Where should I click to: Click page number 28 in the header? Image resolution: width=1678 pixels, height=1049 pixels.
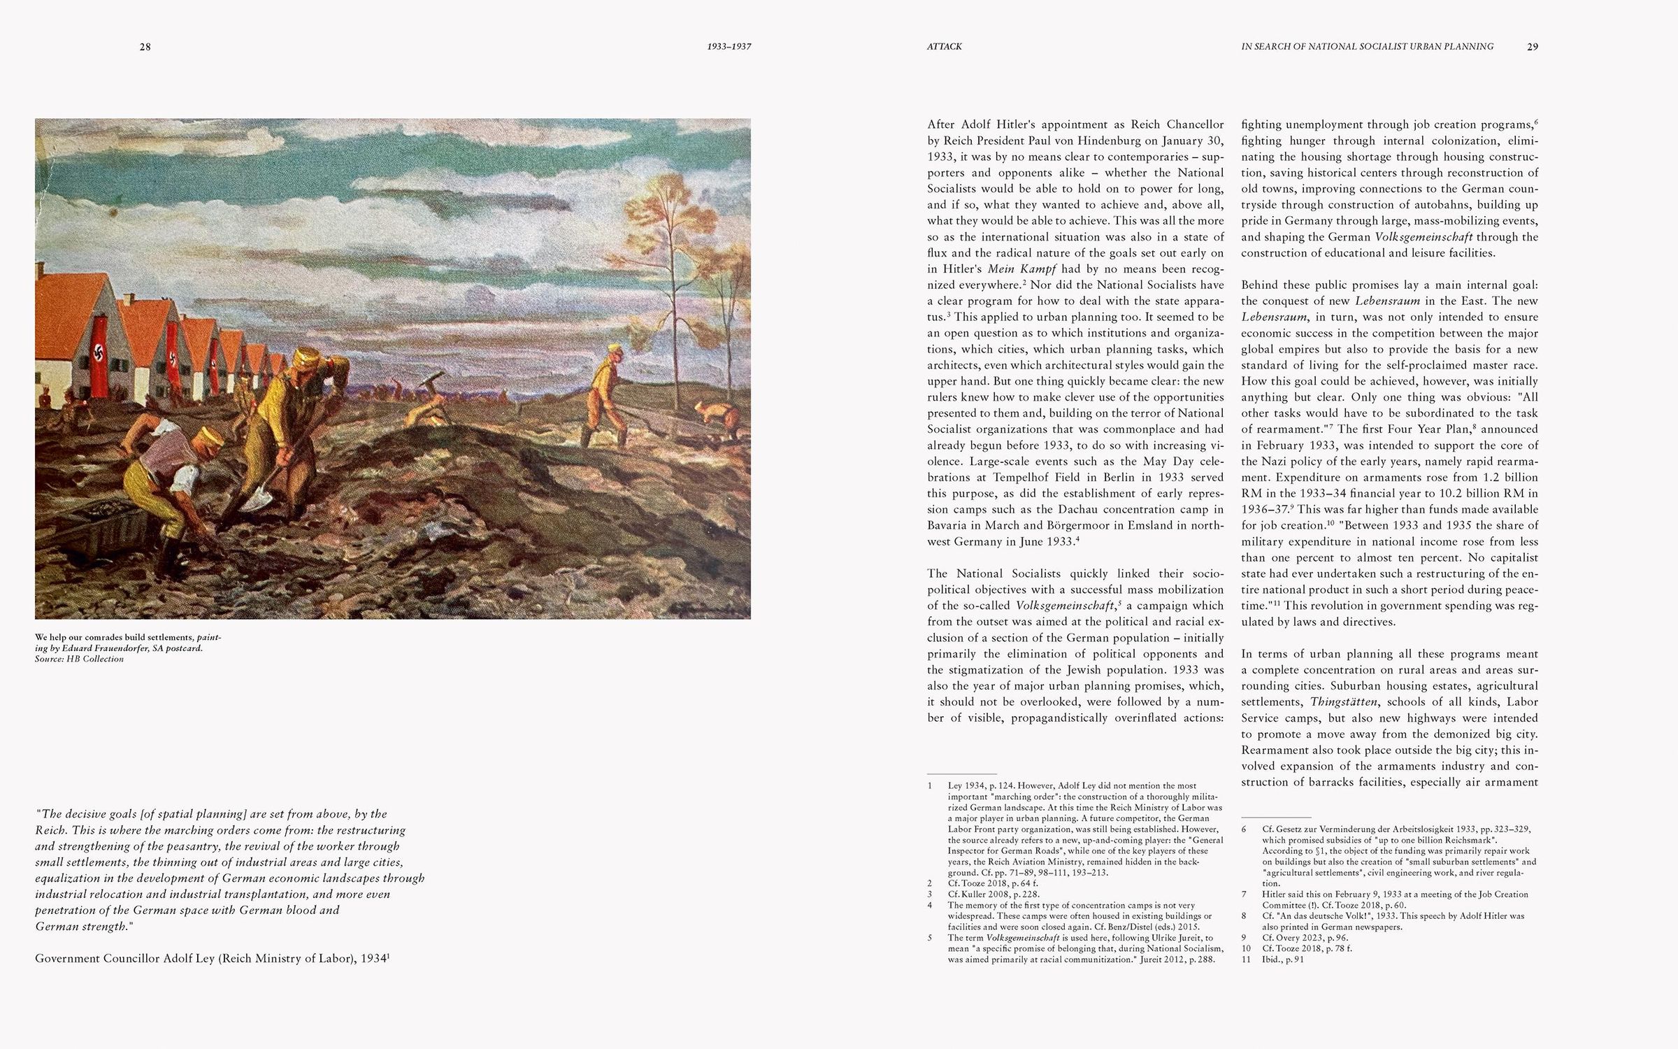145,47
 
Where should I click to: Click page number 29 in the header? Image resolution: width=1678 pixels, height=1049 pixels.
1532,47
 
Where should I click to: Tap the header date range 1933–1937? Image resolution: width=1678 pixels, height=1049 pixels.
729,47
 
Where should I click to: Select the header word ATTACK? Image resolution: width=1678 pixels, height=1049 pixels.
944,47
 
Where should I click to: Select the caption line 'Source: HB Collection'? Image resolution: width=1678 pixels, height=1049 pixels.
79,659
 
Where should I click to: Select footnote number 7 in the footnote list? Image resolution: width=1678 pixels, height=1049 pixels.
1245,894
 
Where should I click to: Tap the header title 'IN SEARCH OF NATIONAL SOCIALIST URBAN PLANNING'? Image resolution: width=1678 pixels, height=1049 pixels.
1367,47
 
